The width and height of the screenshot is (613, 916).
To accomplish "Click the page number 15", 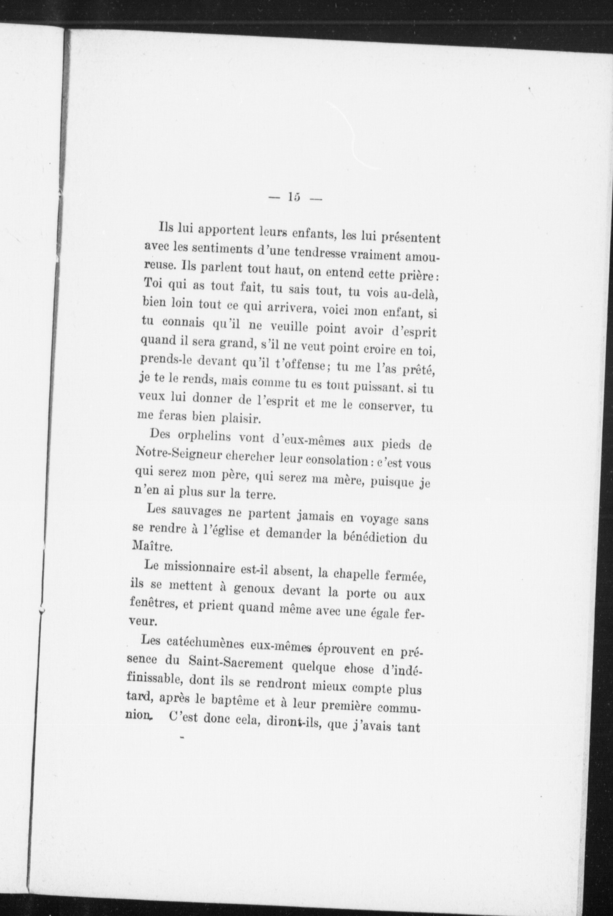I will point(293,197).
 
